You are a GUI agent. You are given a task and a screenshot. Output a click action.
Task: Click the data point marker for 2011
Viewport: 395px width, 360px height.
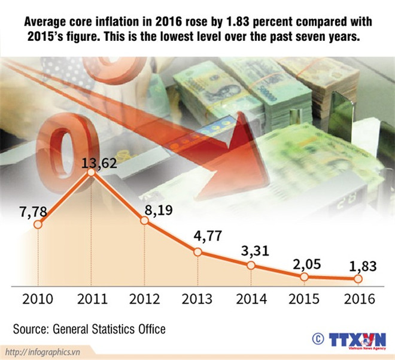tap(91, 173)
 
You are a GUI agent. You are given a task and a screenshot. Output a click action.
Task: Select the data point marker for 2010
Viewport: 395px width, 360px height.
tap(38, 225)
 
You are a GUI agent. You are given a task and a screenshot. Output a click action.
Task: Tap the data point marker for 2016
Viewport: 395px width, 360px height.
tap(358, 279)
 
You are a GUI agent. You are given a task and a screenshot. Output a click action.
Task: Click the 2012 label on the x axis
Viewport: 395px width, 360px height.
tap(144, 299)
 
